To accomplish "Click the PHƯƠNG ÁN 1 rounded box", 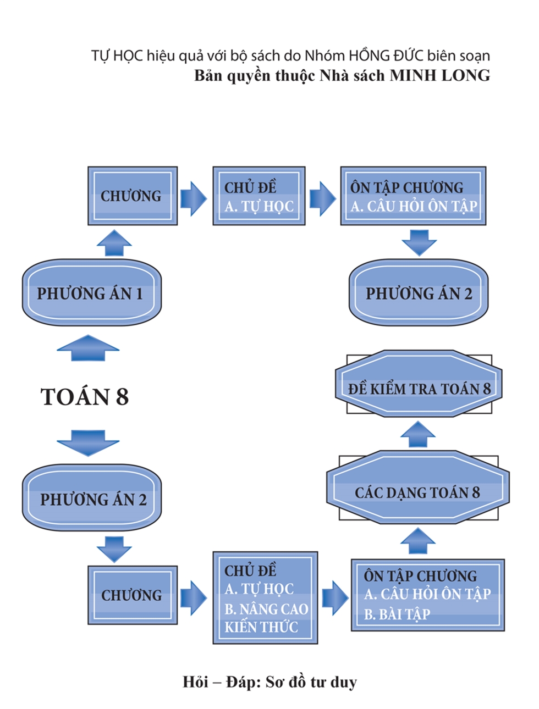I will pyautogui.click(x=91, y=292).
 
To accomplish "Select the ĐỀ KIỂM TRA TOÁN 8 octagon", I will pyautogui.click(x=419, y=389).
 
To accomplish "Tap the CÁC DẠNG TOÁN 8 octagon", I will pyautogui.click(x=417, y=492).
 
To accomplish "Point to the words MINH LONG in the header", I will pyautogui.click(x=439, y=75).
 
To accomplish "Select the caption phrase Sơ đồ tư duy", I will pyautogui.click(x=311, y=682).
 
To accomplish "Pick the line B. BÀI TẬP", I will pyautogui.click(x=397, y=614).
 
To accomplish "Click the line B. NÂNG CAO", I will pyautogui.click(x=266, y=609).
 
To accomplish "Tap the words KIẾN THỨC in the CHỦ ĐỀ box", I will pyautogui.click(x=261, y=627).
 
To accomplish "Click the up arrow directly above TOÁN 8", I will pyautogui.click(x=88, y=348).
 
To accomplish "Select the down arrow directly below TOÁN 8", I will pyautogui.click(x=88, y=442).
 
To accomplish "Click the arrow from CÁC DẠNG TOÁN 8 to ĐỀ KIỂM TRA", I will pyautogui.click(x=418, y=434).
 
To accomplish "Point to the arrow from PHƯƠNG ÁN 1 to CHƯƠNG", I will pyautogui.click(x=114, y=242).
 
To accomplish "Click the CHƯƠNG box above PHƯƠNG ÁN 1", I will pyautogui.click(x=132, y=196).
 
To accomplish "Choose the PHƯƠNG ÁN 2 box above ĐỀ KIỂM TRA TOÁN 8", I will pyautogui.click(x=419, y=293).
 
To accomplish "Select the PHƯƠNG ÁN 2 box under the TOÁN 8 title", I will pyautogui.click(x=91, y=498).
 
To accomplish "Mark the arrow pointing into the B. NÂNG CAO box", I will pyautogui.click(x=193, y=597).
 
